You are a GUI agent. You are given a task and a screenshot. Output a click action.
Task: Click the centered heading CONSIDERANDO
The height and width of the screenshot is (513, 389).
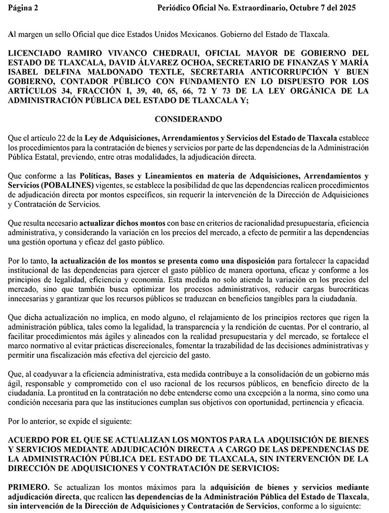click(188, 119)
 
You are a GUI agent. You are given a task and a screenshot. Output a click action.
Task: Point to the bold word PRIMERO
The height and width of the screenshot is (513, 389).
click(27, 488)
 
